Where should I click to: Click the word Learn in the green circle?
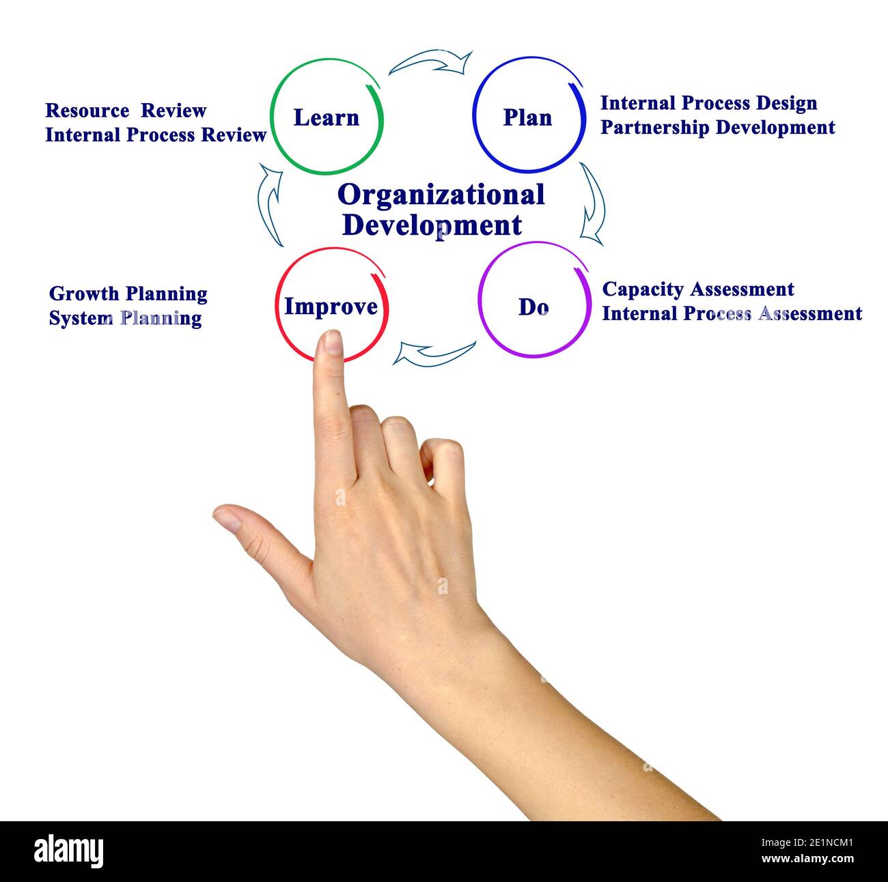tap(326, 118)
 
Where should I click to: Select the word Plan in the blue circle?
tap(527, 118)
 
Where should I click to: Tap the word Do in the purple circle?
tap(533, 307)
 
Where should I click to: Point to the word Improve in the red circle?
tap(331, 307)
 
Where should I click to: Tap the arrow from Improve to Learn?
tap(270, 204)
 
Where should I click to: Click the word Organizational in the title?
tap(441, 195)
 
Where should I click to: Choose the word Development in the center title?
tap(432, 225)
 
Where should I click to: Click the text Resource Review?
tap(126, 111)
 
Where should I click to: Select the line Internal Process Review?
tap(156, 135)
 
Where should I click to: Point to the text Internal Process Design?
tap(708, 103)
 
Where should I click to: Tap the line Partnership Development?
tap(717, 128)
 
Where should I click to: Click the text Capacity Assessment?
tap(697, 289)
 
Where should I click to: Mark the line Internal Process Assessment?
tap(732, 314)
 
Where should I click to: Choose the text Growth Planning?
tap(128, 294)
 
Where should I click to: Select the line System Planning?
tap(125, 319)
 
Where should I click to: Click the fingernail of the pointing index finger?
tap(333, 343)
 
